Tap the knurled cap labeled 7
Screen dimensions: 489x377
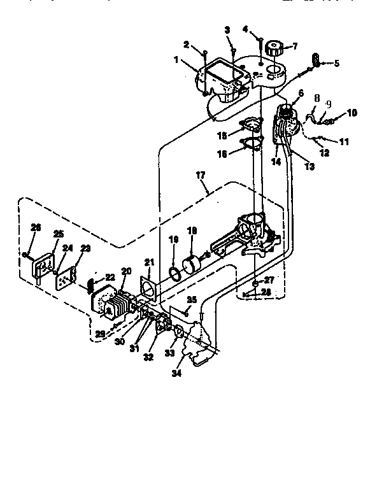[x=276, y=48]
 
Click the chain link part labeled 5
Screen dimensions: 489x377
[x=315, y=60]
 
